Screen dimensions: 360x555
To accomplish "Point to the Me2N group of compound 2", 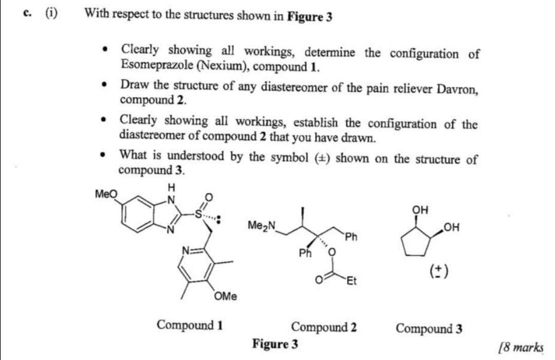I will tap(261, 225).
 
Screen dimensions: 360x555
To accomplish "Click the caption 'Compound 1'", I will tap(190, 325).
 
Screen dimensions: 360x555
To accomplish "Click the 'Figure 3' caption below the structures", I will tap(275, 344).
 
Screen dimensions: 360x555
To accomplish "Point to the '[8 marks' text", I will tap(521, 347).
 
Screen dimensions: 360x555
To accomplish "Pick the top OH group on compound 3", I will tap(420, 210).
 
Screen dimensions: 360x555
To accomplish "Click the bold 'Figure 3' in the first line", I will tap(309, 17).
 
